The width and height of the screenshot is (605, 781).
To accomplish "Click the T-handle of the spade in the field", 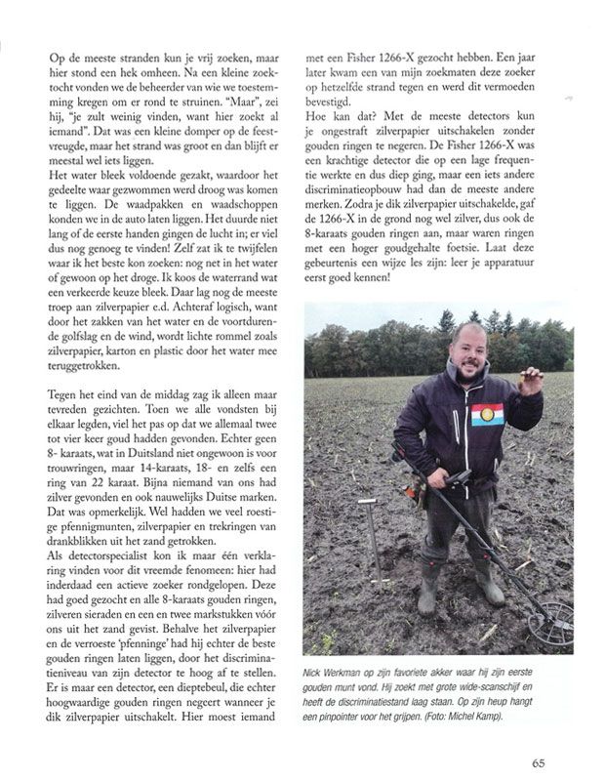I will [x=368, y=505].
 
